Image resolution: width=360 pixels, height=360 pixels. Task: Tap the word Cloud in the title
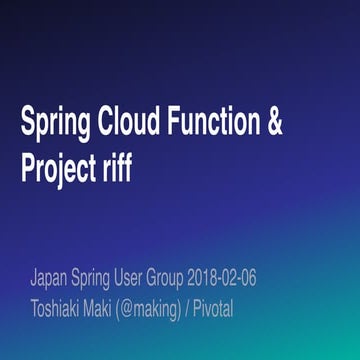pyautogui.click(x=131, y=123)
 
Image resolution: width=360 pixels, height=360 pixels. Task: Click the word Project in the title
pyautogui.click(x=58, y=169)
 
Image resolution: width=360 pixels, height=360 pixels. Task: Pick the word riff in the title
pyautogui.click(x=117, y=167)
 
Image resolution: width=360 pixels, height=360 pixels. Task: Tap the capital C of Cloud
pyautogui.click(x=107, y=123)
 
